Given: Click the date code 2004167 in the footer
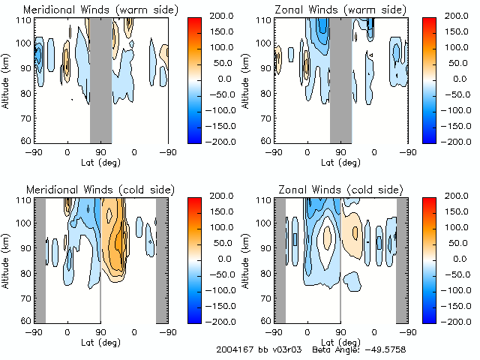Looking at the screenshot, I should [x=235, y=349].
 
